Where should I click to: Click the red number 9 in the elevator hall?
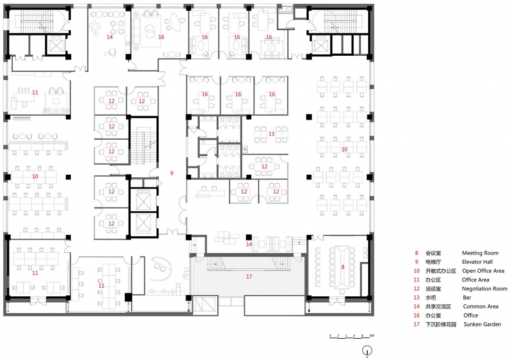pos(172,173)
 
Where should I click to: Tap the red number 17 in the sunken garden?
pos(249,277)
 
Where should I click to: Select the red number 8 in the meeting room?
pos(343,267)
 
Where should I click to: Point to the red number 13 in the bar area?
pos(271,134)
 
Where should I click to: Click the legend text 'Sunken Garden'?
pos(482,324)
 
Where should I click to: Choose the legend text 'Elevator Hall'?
pos(477,262)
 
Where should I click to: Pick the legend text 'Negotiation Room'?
pos(484,288)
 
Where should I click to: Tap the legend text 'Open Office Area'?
pos(483,271)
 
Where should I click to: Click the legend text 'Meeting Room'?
pos(480,253)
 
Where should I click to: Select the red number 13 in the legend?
pos(416,297)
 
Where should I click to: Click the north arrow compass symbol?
pos(367,350)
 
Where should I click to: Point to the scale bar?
pos(352,337)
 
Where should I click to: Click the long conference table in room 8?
pos(343,267)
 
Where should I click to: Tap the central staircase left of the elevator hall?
pos(143,142)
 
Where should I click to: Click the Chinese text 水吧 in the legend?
pos(430,297)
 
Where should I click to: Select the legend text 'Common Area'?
pos(480,306)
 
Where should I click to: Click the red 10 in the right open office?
pos(344,149)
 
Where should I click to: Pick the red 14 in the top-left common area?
pos(109,37)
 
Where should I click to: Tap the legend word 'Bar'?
pos(467,297)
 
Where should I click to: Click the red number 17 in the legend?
pos(416,324)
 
